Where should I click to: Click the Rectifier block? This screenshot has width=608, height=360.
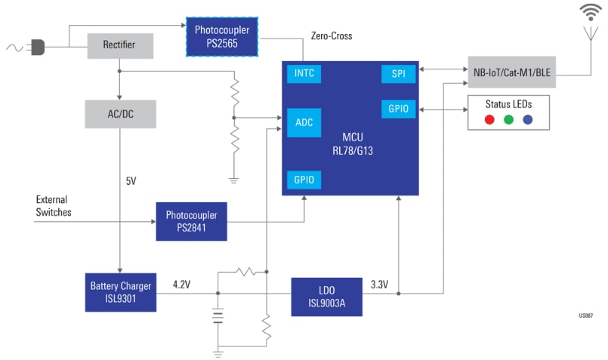tap(119, 45)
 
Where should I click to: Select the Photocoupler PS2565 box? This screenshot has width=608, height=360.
tap(222, 35)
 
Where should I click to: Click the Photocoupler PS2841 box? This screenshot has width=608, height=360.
tap(191, 221)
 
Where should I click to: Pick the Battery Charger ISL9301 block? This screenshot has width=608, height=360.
tap(120, 291)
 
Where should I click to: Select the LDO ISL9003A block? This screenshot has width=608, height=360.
tap(326, 297)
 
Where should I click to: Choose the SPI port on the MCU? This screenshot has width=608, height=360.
tap(398, 74)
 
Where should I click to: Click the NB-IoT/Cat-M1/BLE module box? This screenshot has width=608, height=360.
tap(511, 71)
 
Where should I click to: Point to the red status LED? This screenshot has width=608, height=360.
tap(489, 119)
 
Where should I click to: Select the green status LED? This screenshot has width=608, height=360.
tap(509, 119)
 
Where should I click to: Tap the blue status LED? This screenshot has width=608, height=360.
tap(528, 119)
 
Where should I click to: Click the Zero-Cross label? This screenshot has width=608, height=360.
tap(331, 35)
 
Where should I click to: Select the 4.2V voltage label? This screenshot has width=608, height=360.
tap(182, 285)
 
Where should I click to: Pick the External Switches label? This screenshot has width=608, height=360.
tap(54, 206)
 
